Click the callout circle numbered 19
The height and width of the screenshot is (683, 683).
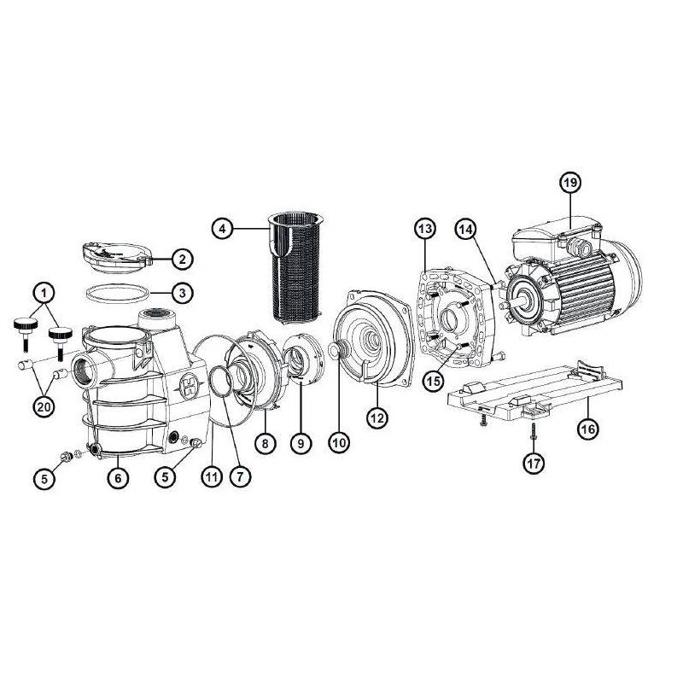click(x=570, y=183)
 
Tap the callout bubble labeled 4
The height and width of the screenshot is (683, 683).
click(x=222, y=228)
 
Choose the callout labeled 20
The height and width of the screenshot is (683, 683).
click(x=43, y=406)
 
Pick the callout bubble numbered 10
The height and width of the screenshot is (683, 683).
click(x=339, y=442)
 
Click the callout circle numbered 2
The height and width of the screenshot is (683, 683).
click(x=182, y=258)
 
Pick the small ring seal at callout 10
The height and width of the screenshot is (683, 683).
click(x=336, y=350)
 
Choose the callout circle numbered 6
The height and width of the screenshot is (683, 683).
click(x=117, y=479)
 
